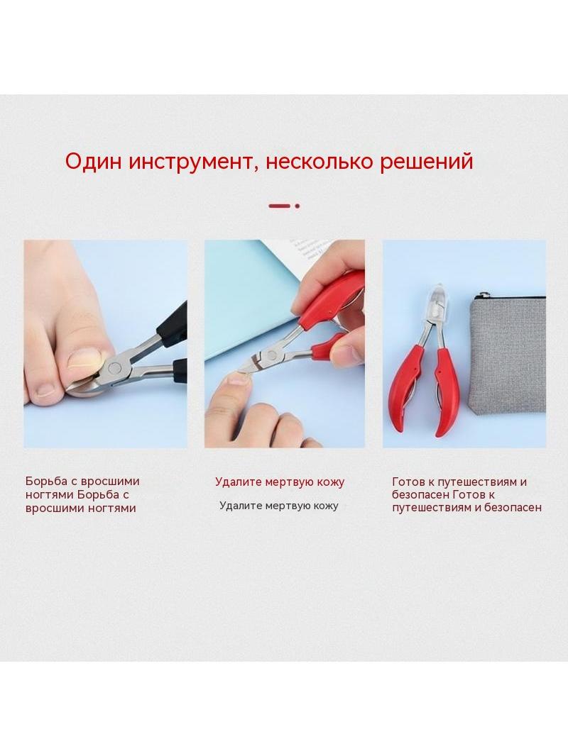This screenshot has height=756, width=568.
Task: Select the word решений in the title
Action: (426, 162)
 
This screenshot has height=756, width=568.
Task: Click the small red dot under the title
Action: (297, 206)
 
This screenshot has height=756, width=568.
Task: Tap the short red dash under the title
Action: (280, 206)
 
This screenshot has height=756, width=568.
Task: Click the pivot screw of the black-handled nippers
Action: (114, 368)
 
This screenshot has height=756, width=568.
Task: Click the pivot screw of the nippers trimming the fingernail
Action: (270, 357)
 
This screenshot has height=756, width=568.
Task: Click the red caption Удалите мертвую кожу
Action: (280, 482)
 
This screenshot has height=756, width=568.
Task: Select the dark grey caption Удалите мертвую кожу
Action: (279, 506)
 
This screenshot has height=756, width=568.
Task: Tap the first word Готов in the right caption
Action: (408, 482)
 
